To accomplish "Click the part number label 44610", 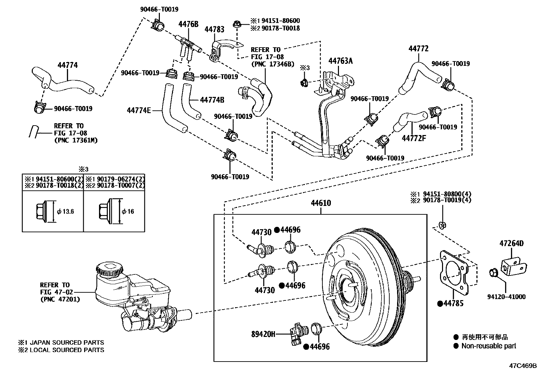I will [321, 203].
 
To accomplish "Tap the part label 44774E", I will [139, 110].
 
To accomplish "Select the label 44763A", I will [340, 61].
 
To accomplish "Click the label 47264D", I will [511, 243].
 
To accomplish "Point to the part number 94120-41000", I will [506, 297].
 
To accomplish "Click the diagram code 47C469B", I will [523, 366].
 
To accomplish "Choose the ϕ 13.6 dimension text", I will [66, 212].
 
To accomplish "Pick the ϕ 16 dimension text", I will [128, 212].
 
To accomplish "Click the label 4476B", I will [188, 24].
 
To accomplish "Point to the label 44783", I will [214, 29].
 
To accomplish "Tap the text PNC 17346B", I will [272, 64].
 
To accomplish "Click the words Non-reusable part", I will [489, 346].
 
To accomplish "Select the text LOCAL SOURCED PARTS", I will [67, 350].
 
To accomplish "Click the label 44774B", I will [212, 100].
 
